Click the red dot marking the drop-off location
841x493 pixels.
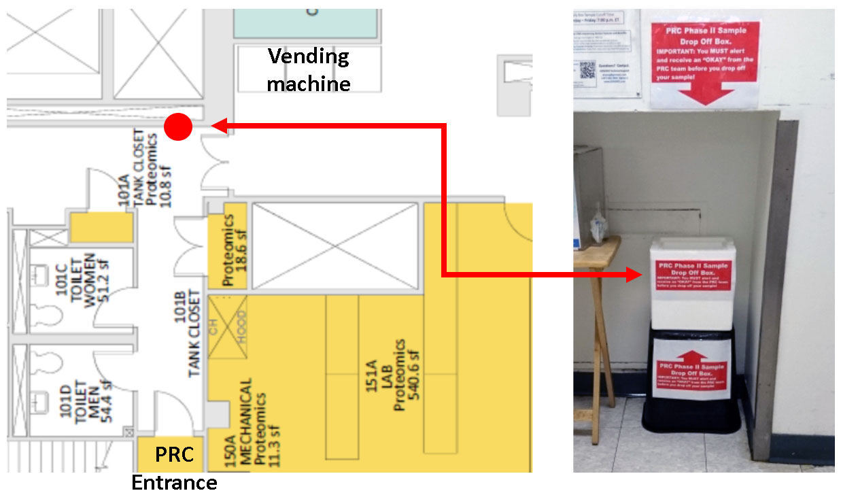pos(178,126)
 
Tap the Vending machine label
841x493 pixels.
pos(309,69)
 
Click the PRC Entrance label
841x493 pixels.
pos(175,469)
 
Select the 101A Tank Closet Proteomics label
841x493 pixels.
pos(140,171)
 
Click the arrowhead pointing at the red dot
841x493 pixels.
pos(219,125)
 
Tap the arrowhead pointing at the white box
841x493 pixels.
pos(634,275)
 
